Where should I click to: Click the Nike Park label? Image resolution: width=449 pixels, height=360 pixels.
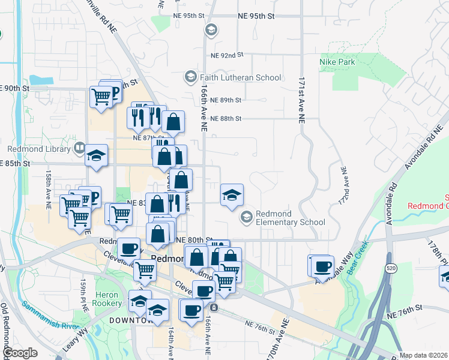[337, 62]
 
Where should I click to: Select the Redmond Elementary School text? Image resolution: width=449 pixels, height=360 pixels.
[291, 218]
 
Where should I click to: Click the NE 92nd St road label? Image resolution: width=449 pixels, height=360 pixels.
[227, 55]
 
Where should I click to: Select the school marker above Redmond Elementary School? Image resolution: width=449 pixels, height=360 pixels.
[232, 194]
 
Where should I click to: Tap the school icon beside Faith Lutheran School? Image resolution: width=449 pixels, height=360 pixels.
[190, 77]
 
